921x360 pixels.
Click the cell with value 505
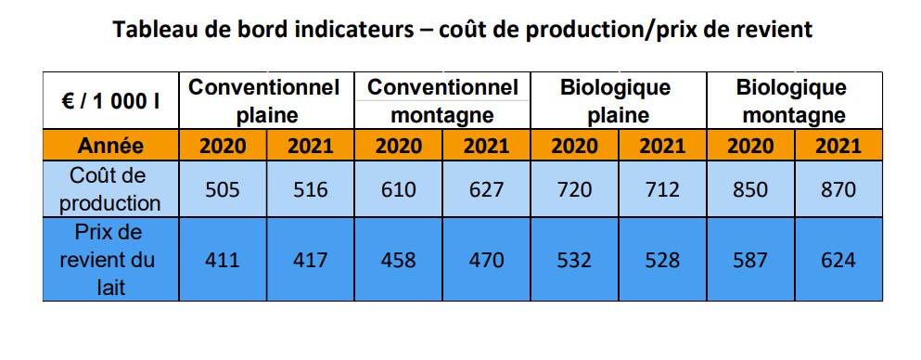(222, 189)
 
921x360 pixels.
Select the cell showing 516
(310, 189)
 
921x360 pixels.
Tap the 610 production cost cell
(398, 189)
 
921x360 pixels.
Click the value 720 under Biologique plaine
(573, 189)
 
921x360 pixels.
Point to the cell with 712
(662, 189)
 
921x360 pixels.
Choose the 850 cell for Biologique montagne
(750, 189)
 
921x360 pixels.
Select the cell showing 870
(838, 189)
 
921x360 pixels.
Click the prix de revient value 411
(222, 260)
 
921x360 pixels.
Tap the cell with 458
(398, 260)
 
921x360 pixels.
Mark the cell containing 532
(573, 260)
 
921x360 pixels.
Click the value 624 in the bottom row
(838, 260)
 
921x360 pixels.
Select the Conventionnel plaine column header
(265, 101)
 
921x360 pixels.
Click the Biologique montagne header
(794, 101)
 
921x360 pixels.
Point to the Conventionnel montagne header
(442, 101)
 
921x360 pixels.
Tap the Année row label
(110, 146)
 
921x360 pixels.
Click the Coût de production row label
(110, 188)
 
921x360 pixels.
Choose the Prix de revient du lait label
(110, 260)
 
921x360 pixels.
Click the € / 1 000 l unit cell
(110, 101)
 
